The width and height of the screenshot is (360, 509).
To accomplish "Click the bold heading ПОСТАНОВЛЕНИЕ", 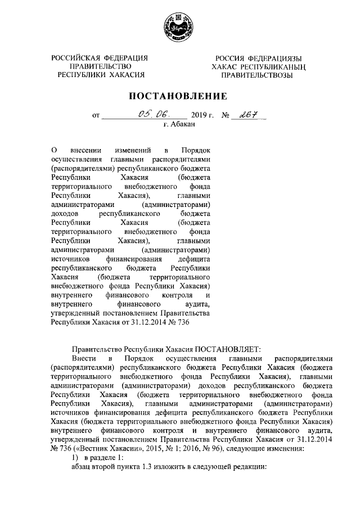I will pyautogui.click(x=179, y=96).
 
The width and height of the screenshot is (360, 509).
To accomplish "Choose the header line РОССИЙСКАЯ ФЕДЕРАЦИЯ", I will pyautogui.click(x=100, y=58).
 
